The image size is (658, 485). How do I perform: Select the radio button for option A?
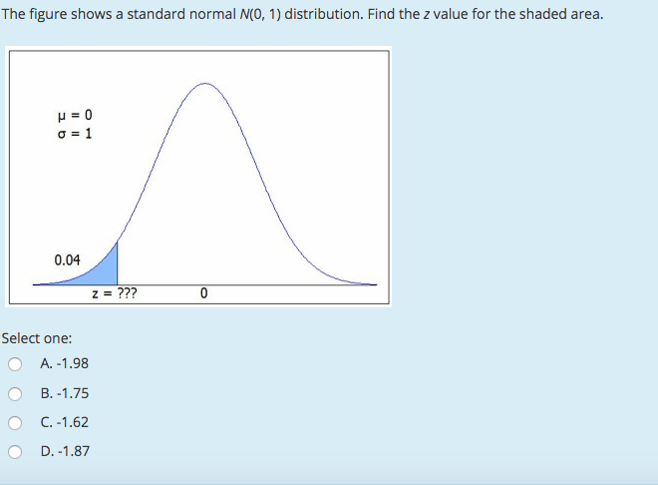tap(15, 364)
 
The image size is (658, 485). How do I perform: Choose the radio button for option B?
tap(15, 393)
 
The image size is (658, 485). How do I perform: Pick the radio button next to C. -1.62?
tap(15, 423)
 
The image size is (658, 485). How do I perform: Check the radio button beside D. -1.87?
tap(15, 452)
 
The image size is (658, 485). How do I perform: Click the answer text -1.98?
tap(73, 363)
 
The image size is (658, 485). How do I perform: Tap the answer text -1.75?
tap(73, 393)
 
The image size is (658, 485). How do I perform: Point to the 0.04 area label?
tap(67, 259)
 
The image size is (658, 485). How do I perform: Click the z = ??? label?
tap(115, 294)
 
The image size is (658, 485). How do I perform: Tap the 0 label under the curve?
tap(203, 294)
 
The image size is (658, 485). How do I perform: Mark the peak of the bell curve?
tap(204, 84)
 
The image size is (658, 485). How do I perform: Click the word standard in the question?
tap(163, 15)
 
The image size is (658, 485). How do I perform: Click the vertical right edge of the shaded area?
tap(118, 264)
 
